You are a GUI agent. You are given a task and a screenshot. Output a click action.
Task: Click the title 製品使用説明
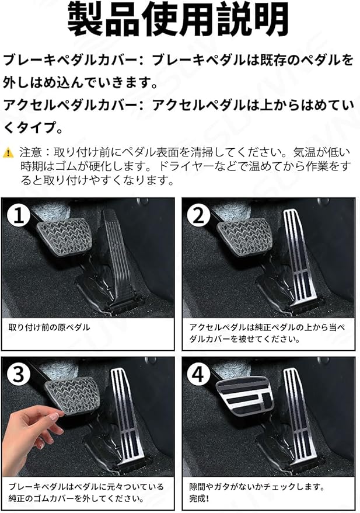(178, 19)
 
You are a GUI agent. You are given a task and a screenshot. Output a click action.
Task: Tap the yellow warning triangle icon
(8, 152)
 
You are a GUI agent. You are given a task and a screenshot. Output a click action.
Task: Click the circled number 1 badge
(19, 216)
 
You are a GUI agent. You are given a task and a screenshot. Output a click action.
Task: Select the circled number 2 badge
(198, 216)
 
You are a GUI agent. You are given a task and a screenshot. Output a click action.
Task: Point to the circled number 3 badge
(19, 374)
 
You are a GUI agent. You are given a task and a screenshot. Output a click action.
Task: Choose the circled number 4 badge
(198, 374)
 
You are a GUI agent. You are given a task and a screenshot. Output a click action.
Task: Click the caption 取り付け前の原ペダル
(50, 327)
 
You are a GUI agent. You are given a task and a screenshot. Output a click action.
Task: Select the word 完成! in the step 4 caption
(199, 499)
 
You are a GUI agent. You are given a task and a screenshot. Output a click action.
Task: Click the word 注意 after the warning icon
(30, 152)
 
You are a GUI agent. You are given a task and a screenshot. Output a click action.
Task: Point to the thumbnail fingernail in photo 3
(54, 416)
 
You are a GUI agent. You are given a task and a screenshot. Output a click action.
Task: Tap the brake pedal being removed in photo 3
(72, 396)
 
